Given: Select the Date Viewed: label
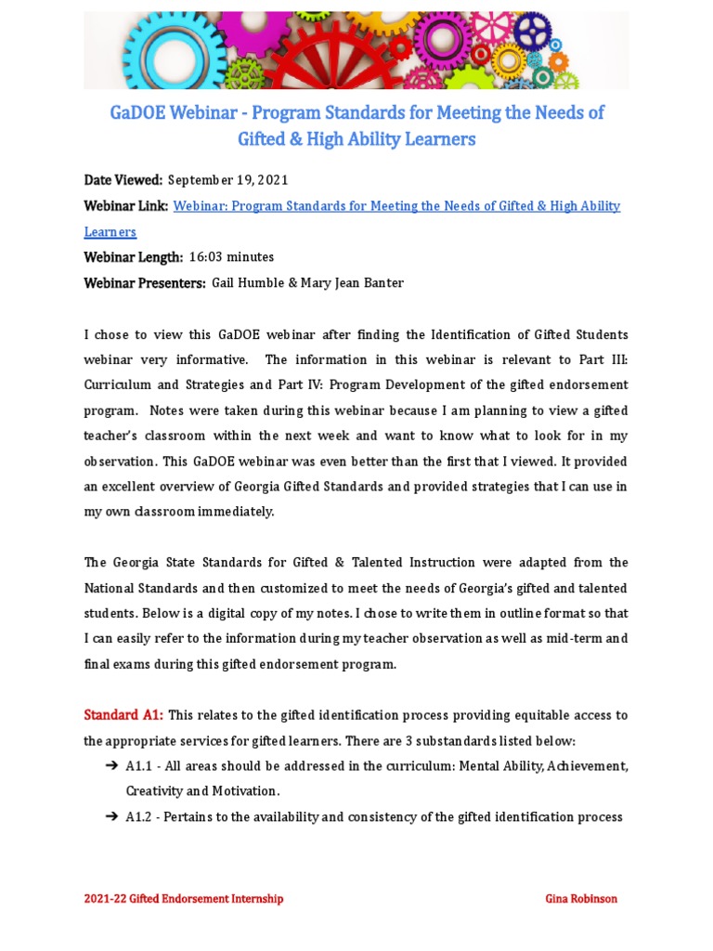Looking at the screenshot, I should point(123,180).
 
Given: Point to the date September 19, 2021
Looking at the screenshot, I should point(227,180).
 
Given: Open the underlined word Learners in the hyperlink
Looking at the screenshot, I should point(110,232).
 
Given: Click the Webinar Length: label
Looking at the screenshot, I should point(134,257).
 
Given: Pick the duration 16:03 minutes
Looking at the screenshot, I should point(231,257).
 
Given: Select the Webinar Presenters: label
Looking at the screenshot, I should point(145,283).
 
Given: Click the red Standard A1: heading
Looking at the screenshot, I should point(123,715).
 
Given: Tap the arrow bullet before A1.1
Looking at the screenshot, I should point(110,766).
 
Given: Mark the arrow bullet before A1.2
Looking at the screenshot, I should point(110,817).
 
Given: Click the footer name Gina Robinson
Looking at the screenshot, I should point(580,899).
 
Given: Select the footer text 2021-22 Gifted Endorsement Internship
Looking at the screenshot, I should point(184,899).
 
